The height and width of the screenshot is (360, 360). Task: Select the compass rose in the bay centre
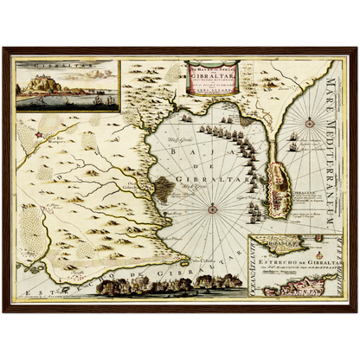(214, 207)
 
